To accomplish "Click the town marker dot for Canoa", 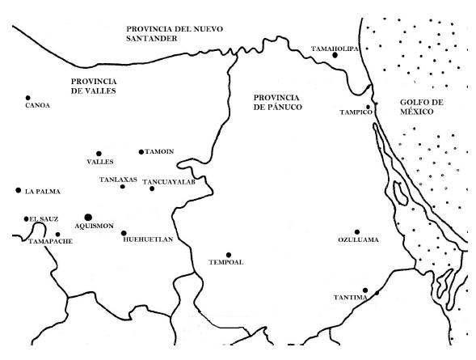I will [28, 98].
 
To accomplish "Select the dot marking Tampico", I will [368, 106].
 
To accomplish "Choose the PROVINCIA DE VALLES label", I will [94, 86].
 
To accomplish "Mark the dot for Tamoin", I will [141, 151].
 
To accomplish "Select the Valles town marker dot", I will [99, 153].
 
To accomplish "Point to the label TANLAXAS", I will [118, 178].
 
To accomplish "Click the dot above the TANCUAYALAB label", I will [152, 188].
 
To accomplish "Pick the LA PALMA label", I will [43, 192].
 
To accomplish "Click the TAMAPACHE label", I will [51, 241].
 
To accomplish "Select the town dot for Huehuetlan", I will [124, 233].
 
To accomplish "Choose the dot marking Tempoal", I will [229, 255].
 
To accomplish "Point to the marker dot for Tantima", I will [365, 290].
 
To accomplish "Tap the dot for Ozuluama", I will [356, 231].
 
